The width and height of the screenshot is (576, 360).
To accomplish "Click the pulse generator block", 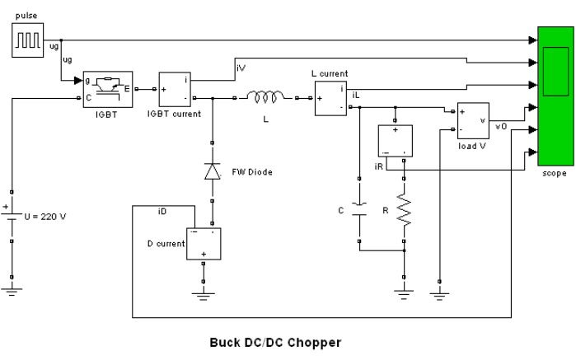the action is (x=27, y=40).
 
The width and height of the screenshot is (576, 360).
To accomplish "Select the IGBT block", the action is (x=108, y=89).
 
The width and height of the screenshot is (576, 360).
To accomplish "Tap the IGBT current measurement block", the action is (x=175, y=89).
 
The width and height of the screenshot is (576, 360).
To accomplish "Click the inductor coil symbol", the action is (x=265, y=96).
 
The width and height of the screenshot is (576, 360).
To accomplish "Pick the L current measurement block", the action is (x=330, y=99).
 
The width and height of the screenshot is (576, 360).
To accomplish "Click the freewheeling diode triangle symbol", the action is (x=213, y=171).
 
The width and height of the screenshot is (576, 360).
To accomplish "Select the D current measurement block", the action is (x=204, y=244).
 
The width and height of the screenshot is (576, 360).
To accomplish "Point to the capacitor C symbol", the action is (x=359, y=209).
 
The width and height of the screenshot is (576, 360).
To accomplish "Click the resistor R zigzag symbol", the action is (x=404, y=209).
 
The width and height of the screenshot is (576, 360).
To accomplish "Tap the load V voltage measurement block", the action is (x=473, y=120).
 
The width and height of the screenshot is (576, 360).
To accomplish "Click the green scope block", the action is (x=555, y=96).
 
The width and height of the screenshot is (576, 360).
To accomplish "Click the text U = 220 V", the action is (x=45, y=217).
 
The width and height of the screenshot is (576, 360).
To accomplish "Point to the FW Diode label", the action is (x=252, y=172).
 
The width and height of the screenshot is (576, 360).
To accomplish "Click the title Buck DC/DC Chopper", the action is (x=275, y=343).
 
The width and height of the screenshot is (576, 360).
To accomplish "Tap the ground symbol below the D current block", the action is (x=204, y=296).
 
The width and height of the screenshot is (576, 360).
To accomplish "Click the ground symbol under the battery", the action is (x=12, y=292).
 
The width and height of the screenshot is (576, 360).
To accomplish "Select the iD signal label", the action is (x=162, y=211).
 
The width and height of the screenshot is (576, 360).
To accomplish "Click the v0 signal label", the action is (x=501, y=126).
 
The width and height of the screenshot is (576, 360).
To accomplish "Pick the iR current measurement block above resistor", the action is (x=396, y=141).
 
